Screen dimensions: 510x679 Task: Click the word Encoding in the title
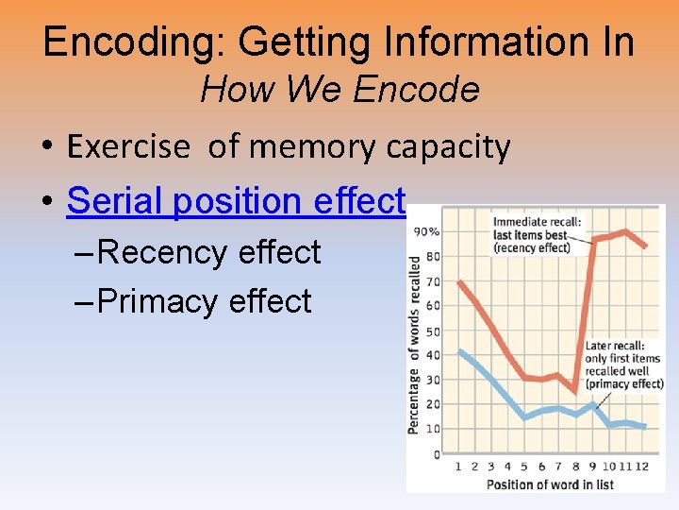pos(132,42)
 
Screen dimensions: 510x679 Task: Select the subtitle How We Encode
pos(339,91)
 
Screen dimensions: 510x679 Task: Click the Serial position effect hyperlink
pos(236,200)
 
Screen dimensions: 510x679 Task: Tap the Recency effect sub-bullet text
pos(208,252)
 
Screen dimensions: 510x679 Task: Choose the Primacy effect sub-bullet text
pos(204,301)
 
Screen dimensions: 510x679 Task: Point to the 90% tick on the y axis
pos(426,231)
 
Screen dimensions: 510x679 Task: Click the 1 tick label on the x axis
pos(458,467)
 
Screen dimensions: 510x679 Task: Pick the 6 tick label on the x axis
pos(542,467)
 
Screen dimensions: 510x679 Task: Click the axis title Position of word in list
pos(550,484)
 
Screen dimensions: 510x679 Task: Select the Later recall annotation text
pos(623,365)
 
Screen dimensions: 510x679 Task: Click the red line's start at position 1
pos(458,281)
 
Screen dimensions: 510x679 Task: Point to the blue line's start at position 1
pos(458,350)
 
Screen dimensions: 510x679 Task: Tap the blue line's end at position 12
pos(644,427)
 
